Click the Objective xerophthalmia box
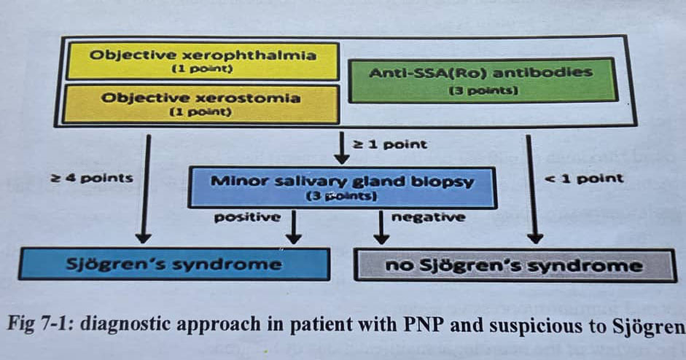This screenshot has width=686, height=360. [x=202, y=61]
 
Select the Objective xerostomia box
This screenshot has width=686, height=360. [x=202, y=103]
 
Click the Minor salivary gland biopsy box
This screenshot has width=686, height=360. [x=342, y=187]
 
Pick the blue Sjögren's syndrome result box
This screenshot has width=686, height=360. [x=174, y=265]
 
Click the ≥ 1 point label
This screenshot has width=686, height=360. [x=390, y=144]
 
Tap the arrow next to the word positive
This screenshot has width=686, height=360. [x=293, y=227]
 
